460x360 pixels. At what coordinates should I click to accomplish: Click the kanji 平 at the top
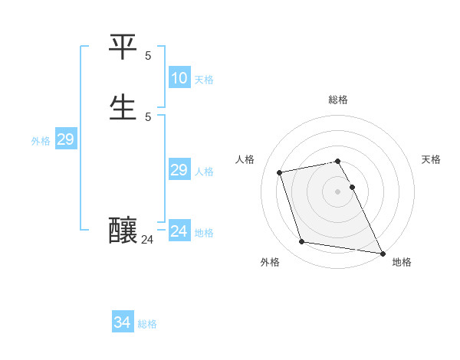click(123, 47)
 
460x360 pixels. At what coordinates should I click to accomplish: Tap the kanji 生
click(123, 106)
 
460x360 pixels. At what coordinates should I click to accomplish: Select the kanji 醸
click(123, 230)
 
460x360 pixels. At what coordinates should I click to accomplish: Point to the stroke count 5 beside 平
click(148, 56)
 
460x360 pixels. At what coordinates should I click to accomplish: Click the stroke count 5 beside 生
click(148, 116)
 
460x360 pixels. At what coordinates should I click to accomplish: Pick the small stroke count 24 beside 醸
click(148, 240)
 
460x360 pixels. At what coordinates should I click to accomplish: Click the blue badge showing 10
click(179, 78)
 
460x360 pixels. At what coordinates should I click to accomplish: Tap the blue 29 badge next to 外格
click(65, 139)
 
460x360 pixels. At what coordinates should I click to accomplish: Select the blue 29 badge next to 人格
click(179, 170)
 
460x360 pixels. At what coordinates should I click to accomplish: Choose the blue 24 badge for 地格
click(179, 231)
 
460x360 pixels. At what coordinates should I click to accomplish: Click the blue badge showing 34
click(122, 322)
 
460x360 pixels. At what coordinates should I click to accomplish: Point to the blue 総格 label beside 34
click(147, 324)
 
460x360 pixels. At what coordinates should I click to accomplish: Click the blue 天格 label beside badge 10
click(204, 80)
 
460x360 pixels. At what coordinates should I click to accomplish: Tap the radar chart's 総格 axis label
click(338, 100)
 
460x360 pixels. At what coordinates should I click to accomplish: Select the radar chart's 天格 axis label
click(432, 159)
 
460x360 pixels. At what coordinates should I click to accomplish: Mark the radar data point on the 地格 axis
click(381, 252)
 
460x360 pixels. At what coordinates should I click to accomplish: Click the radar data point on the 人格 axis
click(280, 172)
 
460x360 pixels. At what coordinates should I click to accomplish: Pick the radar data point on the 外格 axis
click(302, 242)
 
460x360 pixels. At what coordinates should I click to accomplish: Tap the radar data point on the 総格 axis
click(338, 161)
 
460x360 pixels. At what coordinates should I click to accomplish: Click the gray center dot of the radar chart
click(338, 191)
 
